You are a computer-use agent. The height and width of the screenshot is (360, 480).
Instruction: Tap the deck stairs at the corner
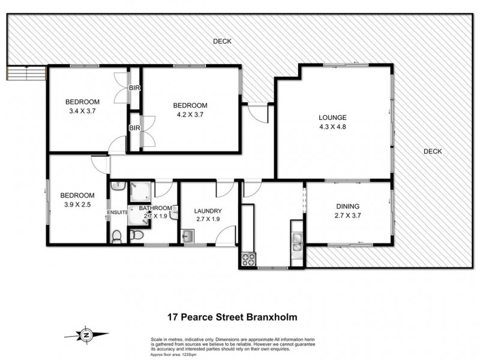(26, 73)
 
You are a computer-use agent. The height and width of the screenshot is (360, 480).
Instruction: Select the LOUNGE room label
(333, 118)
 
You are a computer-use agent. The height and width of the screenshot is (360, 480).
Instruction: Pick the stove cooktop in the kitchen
(248, 259)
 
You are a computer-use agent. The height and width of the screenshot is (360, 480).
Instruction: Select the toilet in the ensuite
(117, 238)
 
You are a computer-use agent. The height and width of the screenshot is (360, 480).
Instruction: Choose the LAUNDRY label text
(208, 211)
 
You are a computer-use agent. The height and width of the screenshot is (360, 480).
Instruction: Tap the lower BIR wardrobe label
(134, 128)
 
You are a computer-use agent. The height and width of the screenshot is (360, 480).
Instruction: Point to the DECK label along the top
(222, 41)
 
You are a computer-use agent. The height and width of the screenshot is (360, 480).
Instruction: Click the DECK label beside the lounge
(432, 151)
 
